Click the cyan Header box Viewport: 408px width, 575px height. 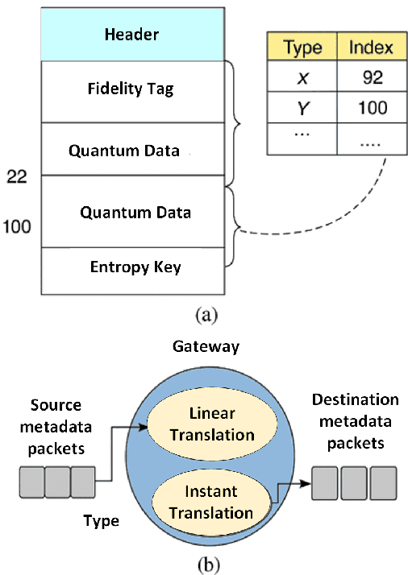[x=131, y=35]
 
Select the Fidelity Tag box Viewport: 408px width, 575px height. [x=131, y=89]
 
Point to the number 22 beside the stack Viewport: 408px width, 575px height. [x=17, y=176]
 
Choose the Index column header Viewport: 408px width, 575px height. [x=370, y=47]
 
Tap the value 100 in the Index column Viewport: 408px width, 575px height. [x=370, y=107]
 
